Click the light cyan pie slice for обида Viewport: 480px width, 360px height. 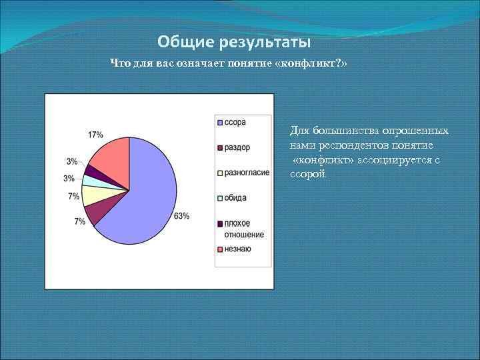click(89, 180)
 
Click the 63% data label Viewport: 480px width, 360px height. click(182, 215)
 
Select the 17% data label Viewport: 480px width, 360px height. click(95, 135)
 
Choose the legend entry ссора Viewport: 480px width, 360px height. click(235, 122)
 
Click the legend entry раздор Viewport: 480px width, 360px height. click(237, 147)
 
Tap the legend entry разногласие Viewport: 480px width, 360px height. click(246, 173)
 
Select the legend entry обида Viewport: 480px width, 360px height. click(235, 197)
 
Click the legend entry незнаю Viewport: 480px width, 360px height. click(237, 249)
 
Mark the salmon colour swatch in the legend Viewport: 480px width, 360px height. click(219, 249)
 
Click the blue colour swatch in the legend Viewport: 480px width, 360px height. click(219, 122)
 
